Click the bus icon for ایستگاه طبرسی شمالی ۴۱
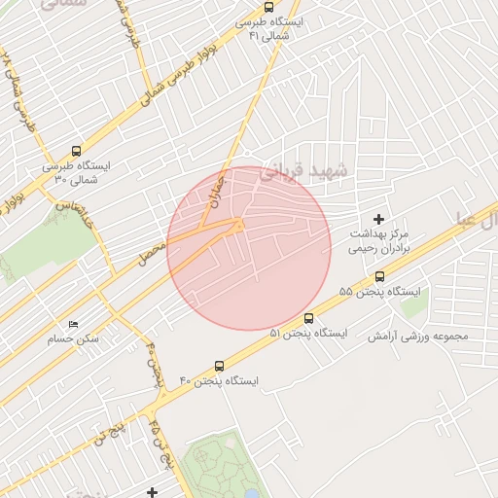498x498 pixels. (x=269, y=7)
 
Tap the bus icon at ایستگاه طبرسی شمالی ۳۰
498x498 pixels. (x=76, y=152)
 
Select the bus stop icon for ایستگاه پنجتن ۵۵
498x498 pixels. (x=379, y=276)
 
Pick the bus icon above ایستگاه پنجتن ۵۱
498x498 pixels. (x=308, y=318)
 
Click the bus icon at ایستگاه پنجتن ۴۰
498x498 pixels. (x=219, y=367)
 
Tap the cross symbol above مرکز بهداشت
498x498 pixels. (x=378, y=220)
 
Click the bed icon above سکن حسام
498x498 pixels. (x=73, y=324)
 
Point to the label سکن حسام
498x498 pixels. (x=73, y=339)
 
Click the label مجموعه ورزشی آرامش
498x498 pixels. (x=417, y=337)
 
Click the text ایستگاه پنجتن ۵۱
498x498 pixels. (x=307, y=334)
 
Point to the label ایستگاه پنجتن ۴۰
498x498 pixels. (x=219, y=381)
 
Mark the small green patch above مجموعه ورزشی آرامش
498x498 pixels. (x=414, y=306)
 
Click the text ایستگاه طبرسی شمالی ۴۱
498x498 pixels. (x=270, y=28)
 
